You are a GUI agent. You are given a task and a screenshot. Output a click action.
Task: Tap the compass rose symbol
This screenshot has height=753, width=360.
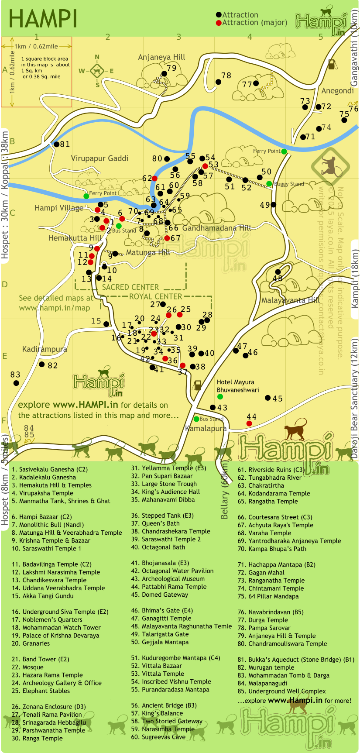pos(97,71)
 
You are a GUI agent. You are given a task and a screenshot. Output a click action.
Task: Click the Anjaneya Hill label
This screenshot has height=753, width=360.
pos(161,57)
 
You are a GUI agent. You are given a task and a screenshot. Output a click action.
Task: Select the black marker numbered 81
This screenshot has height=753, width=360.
pos(56,144)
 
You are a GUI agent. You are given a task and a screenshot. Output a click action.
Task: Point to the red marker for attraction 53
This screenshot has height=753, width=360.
pos(205,166)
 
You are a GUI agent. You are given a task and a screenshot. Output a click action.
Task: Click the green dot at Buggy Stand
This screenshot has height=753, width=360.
pos(269,184)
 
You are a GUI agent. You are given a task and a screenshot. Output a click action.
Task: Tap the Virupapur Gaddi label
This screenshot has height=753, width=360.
pos(99,158)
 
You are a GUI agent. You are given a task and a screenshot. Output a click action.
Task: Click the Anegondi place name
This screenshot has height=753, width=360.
pos(337,91)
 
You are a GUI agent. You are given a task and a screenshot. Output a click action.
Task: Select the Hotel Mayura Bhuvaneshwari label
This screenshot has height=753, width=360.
pos(238,386)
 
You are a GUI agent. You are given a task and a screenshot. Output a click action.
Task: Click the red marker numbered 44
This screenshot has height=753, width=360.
pos(249,423)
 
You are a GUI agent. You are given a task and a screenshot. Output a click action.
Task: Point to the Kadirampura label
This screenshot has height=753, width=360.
pos(45,349)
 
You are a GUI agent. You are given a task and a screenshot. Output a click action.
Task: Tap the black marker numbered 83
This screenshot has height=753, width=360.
pos(16,383)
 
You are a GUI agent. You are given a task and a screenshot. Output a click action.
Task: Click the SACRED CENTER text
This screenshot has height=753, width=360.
pos(130,287)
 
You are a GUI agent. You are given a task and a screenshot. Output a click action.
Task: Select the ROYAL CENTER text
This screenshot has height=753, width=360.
pos(155,296)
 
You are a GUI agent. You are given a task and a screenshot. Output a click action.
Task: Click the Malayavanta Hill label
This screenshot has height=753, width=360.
pos(290,300)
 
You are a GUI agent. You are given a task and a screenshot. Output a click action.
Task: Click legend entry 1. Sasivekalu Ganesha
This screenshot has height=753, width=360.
pos(49,469)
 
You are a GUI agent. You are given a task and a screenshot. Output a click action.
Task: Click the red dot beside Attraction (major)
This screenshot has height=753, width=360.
pos(219,23)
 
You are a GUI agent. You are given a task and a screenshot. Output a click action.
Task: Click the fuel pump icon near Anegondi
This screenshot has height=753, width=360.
pos(332,64)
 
